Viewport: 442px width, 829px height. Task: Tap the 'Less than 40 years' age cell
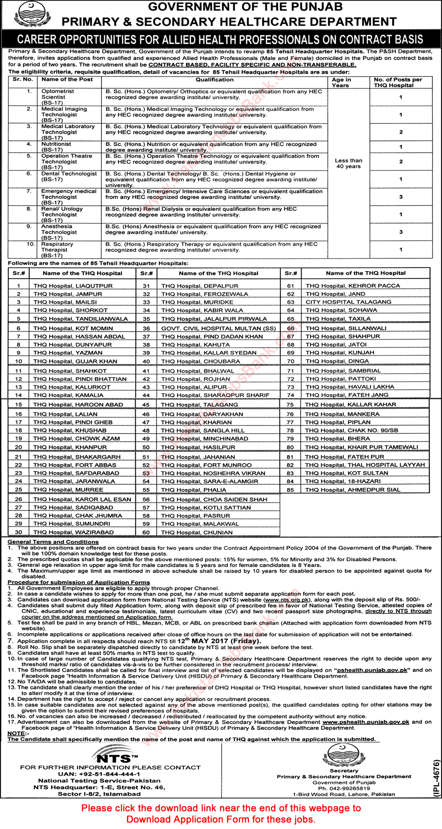[348, 163]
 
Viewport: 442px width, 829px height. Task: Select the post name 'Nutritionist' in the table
[56, 144]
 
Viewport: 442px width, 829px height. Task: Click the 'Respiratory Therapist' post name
[57, 247]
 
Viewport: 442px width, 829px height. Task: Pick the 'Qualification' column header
[214, 80]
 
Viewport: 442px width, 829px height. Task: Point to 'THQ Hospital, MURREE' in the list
[68, 489]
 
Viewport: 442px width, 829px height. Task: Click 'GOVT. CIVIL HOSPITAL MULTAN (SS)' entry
[218, 328]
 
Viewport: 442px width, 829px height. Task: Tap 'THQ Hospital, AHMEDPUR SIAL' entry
[352, 489]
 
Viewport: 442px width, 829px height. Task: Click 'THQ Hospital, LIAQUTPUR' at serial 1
[73, 286]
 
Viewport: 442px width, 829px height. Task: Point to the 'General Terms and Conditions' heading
[53, 542]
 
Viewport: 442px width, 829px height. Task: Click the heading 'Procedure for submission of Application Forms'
[78, 582]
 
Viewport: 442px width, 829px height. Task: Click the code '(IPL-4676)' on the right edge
[436, 778]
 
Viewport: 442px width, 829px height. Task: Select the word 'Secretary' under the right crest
[343, 771]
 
